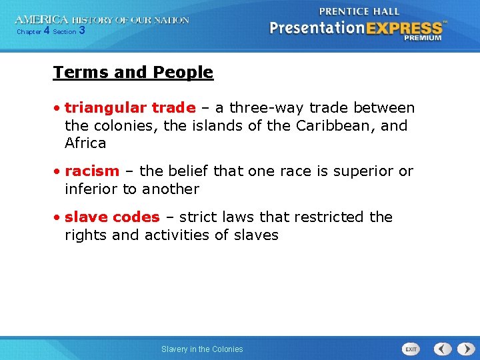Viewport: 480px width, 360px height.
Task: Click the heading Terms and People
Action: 133,72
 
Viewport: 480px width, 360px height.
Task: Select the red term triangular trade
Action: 130,108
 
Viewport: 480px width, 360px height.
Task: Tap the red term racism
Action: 92,171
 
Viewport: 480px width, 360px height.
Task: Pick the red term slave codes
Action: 112,217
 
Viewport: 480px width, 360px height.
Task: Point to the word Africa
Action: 85,143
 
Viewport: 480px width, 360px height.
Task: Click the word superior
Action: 367,171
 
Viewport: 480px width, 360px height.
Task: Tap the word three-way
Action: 261,108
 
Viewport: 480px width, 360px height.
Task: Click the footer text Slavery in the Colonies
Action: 202,349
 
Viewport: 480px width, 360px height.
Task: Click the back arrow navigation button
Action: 443,349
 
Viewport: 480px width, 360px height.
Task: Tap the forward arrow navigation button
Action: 464,349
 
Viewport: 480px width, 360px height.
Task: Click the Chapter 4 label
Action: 33,31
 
